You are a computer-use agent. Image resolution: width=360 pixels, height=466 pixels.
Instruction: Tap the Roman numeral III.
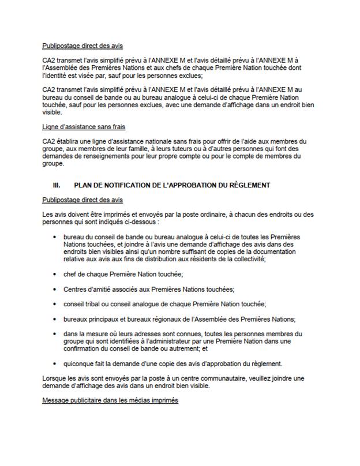pos(56,185)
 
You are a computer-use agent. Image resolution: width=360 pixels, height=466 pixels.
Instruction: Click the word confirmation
pos(84,349)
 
